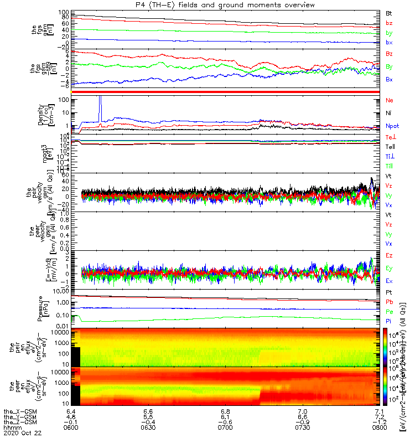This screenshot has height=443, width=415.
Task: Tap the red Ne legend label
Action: [389, 100]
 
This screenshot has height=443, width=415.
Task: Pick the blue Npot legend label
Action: [392, 126]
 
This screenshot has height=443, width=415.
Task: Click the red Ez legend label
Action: [389, 256]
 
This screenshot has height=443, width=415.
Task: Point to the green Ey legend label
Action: [389, 269]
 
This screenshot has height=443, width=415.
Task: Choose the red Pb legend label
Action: [389, 302]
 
